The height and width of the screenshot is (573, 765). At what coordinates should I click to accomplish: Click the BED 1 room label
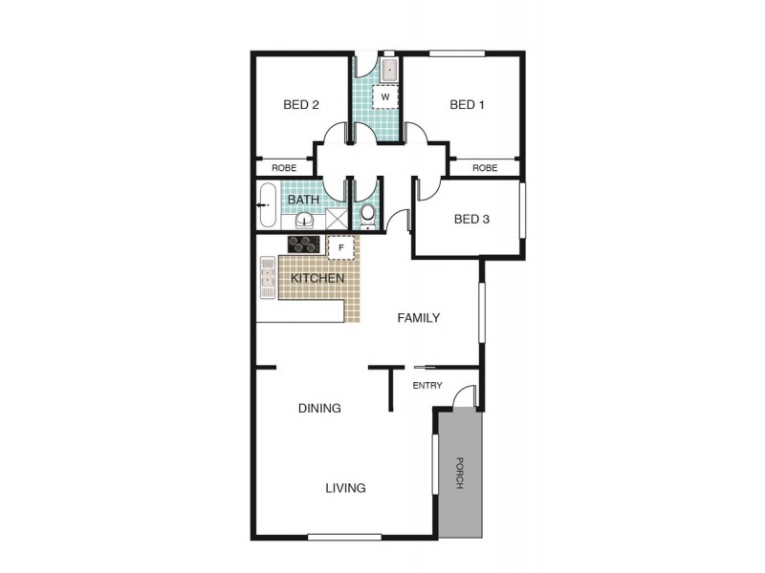click(x=467, y=105)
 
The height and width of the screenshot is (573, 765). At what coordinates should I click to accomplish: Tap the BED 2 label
click(x=301, y=105)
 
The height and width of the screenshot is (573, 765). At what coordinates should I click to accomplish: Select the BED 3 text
click(x=471, y=219)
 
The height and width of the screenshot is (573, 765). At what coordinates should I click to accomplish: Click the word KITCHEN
click(x=317, y=278)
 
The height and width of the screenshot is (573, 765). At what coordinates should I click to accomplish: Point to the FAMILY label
click(x=419, y=318)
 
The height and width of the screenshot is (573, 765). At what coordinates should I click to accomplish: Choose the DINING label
click(x=319, y=408)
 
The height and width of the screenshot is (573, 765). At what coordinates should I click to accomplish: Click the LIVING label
click(x=345, y=488)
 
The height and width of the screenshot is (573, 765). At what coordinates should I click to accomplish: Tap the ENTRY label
click(x=426, y=385)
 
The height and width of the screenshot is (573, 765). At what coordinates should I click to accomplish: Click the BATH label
click(x=303, y=201)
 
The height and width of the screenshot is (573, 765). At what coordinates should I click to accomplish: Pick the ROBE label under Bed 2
click(x=284, y=168)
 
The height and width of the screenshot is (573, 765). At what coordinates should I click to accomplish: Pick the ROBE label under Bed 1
click(x=485, y=168)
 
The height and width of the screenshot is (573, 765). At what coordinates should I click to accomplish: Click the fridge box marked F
click(x=341, y=247)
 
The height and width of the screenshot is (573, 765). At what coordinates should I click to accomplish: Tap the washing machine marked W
click(x=384, y=96)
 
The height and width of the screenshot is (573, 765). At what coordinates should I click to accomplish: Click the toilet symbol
click(x=368, y=213)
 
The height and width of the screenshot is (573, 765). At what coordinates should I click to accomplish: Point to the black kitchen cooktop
click(x=303, y=244)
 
